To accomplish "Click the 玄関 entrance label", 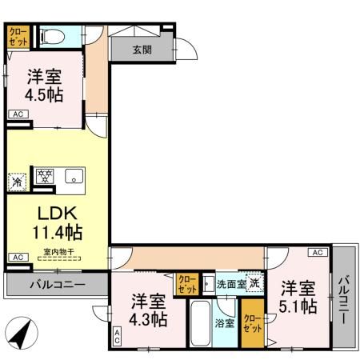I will pos(142,49).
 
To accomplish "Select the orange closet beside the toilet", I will pos(18,36).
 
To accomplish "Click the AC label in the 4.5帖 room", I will pos(16,115).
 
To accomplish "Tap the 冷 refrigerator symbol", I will pos(16,181).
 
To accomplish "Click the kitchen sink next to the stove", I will pos(74,177).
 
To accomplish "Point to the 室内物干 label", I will pos(58,252).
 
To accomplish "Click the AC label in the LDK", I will pos(16,257).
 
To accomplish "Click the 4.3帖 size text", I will pos(148,319).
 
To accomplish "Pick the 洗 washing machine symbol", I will pos(254,282).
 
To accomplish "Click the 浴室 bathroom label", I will pos(225,323).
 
